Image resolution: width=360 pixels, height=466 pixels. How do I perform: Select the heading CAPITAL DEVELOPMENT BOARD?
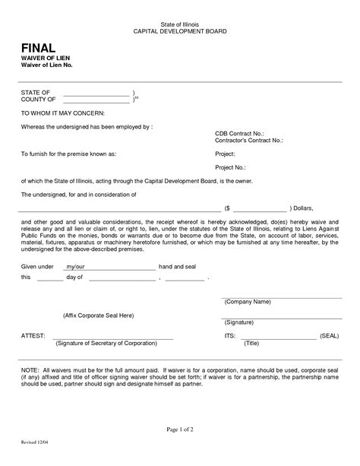click(180, 32)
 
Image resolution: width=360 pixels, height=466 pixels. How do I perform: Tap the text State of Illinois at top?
click(180, 25)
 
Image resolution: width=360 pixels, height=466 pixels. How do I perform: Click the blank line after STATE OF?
click(96, 92)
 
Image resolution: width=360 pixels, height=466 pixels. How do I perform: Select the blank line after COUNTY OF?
click(96, 100)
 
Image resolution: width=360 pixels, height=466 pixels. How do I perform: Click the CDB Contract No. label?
click(240, 133)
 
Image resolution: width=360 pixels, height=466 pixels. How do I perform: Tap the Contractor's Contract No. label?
click(248, 141)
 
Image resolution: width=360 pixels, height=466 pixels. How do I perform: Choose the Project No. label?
click(231, 167)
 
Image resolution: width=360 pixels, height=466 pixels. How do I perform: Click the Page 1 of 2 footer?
click(180, 429)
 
